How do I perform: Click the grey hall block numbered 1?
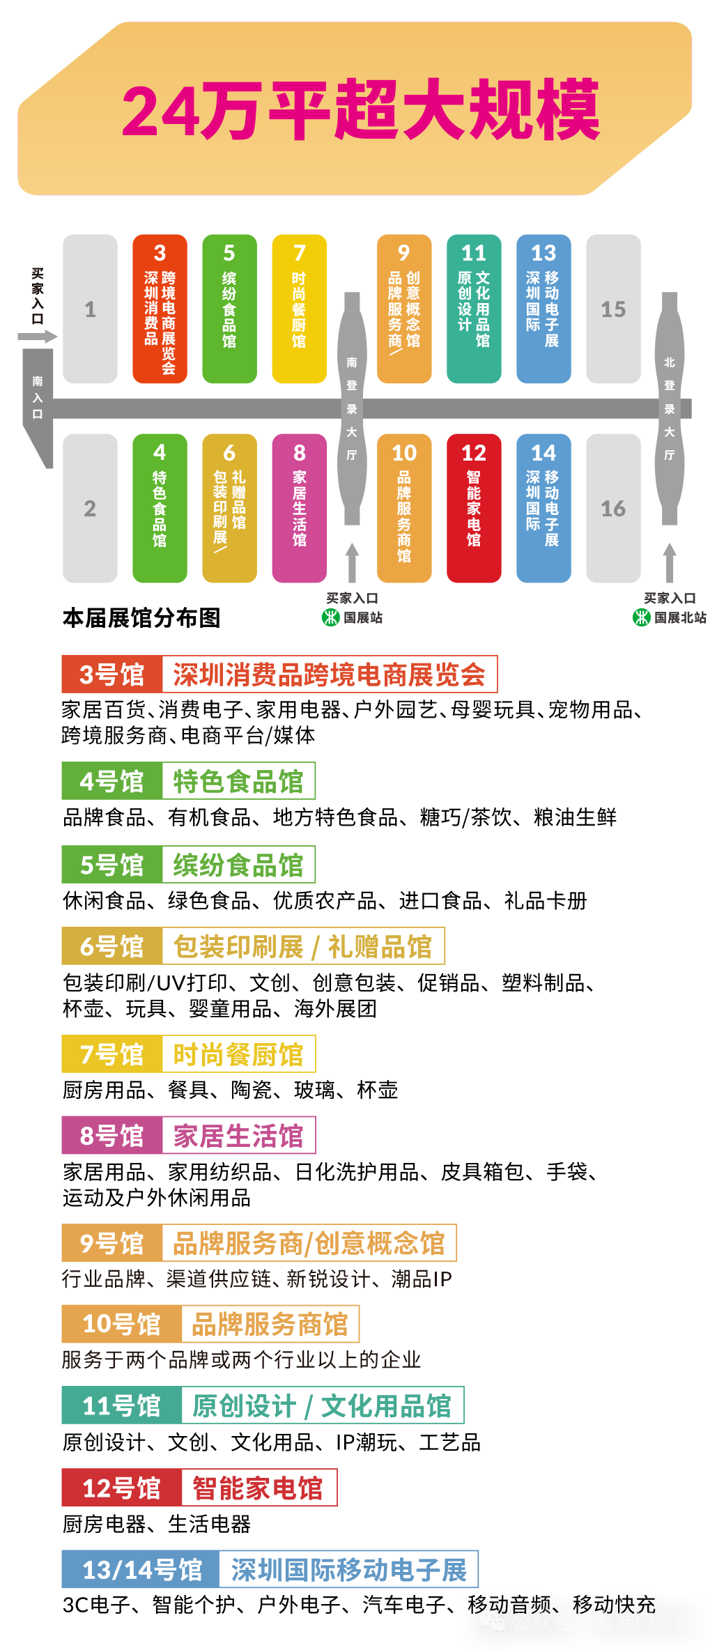click(x=90, y=309)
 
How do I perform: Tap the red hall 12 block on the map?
click(x=474, y=508)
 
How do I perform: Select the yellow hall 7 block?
click(x=299, y=309)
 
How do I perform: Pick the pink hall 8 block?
click(x=299, y=508)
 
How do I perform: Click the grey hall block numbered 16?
click(x=613, y=508)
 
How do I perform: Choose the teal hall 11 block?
click(x=474, y=309)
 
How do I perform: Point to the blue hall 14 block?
click(x=543, y=508)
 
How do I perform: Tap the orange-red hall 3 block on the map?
click(x=160, y=309)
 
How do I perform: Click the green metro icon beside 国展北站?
click(x=641, y=617)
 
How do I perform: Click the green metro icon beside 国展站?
click(x=330, y=617)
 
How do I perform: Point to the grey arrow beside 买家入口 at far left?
click(x=38, y=337)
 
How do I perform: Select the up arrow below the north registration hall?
click(x=670, y=562)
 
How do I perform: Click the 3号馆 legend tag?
click(x=111, y=674)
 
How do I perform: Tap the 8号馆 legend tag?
click(x=111, y=1135)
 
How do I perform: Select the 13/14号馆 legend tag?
click(x=141, y=1569)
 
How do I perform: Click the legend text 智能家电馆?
click(x=258, y=1488)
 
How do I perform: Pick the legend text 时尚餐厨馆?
click(x=238, y=1054)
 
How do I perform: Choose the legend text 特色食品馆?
click(x=238, y=781)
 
